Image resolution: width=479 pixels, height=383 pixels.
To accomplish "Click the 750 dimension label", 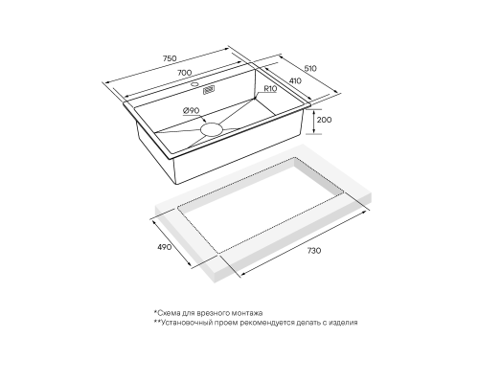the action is [170, 58].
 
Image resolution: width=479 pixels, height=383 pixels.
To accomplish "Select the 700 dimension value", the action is [185, 73].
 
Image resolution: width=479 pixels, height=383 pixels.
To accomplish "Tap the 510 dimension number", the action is [310, 69].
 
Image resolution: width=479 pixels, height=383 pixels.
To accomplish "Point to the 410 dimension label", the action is [295, 81].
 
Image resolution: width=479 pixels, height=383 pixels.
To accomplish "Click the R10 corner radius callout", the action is [270, 89].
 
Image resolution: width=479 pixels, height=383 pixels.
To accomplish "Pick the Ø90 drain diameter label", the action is [192, 111].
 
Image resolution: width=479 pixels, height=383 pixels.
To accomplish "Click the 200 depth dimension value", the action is [324, 120].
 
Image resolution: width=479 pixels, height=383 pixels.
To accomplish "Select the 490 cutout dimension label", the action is [165, 247].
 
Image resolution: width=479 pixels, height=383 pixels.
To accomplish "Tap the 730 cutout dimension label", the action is [314, 251].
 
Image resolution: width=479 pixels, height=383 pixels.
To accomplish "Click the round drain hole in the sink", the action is [211, 129].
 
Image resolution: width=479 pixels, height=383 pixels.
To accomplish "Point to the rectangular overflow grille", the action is [209, 90].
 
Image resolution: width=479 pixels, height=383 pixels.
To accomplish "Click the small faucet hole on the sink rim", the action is [194, 84].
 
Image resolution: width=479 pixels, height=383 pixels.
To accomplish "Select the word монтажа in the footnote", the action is [248, 313].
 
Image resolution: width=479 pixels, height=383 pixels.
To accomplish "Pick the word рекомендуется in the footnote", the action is [259, 323].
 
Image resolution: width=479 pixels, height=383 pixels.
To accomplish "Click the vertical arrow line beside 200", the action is [314, 122].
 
